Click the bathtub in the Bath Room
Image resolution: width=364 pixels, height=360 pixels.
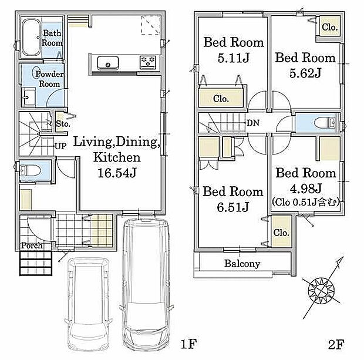[x=31, y=38]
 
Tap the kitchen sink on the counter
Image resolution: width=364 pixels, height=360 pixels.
[x=107, y=62]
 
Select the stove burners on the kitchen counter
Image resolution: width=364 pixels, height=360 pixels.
[x=148, y=62]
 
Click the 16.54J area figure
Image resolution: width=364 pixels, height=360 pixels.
[x=117, y=173]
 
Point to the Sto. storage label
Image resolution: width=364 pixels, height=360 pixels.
[x=63, y=123]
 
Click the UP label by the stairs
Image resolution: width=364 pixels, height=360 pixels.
[x=61, y=146]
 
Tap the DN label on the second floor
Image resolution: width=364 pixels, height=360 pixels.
[x=253, y=123]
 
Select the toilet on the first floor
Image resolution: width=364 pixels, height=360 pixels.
[x=31, y=171]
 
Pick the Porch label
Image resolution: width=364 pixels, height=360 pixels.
[x=32, y=245]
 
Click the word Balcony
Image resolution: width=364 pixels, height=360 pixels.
[x=242, y=264]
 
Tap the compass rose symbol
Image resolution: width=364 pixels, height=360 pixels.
[x=321, y=291]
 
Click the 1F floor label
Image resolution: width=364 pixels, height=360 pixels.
[x=188, y=344]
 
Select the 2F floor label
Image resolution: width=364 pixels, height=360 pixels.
[x=336, y=344]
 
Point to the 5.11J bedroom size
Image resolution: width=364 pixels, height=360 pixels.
[x=234, y=58]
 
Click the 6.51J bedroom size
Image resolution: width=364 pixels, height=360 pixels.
[x=233, y=207]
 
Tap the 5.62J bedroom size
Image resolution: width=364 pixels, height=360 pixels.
[x=305, y=73]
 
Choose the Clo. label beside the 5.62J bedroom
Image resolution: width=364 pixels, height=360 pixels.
[x=329, y=27]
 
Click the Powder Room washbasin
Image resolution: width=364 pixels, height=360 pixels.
[x=29, y=97]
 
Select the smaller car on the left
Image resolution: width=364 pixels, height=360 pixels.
[x=89, y=304]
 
